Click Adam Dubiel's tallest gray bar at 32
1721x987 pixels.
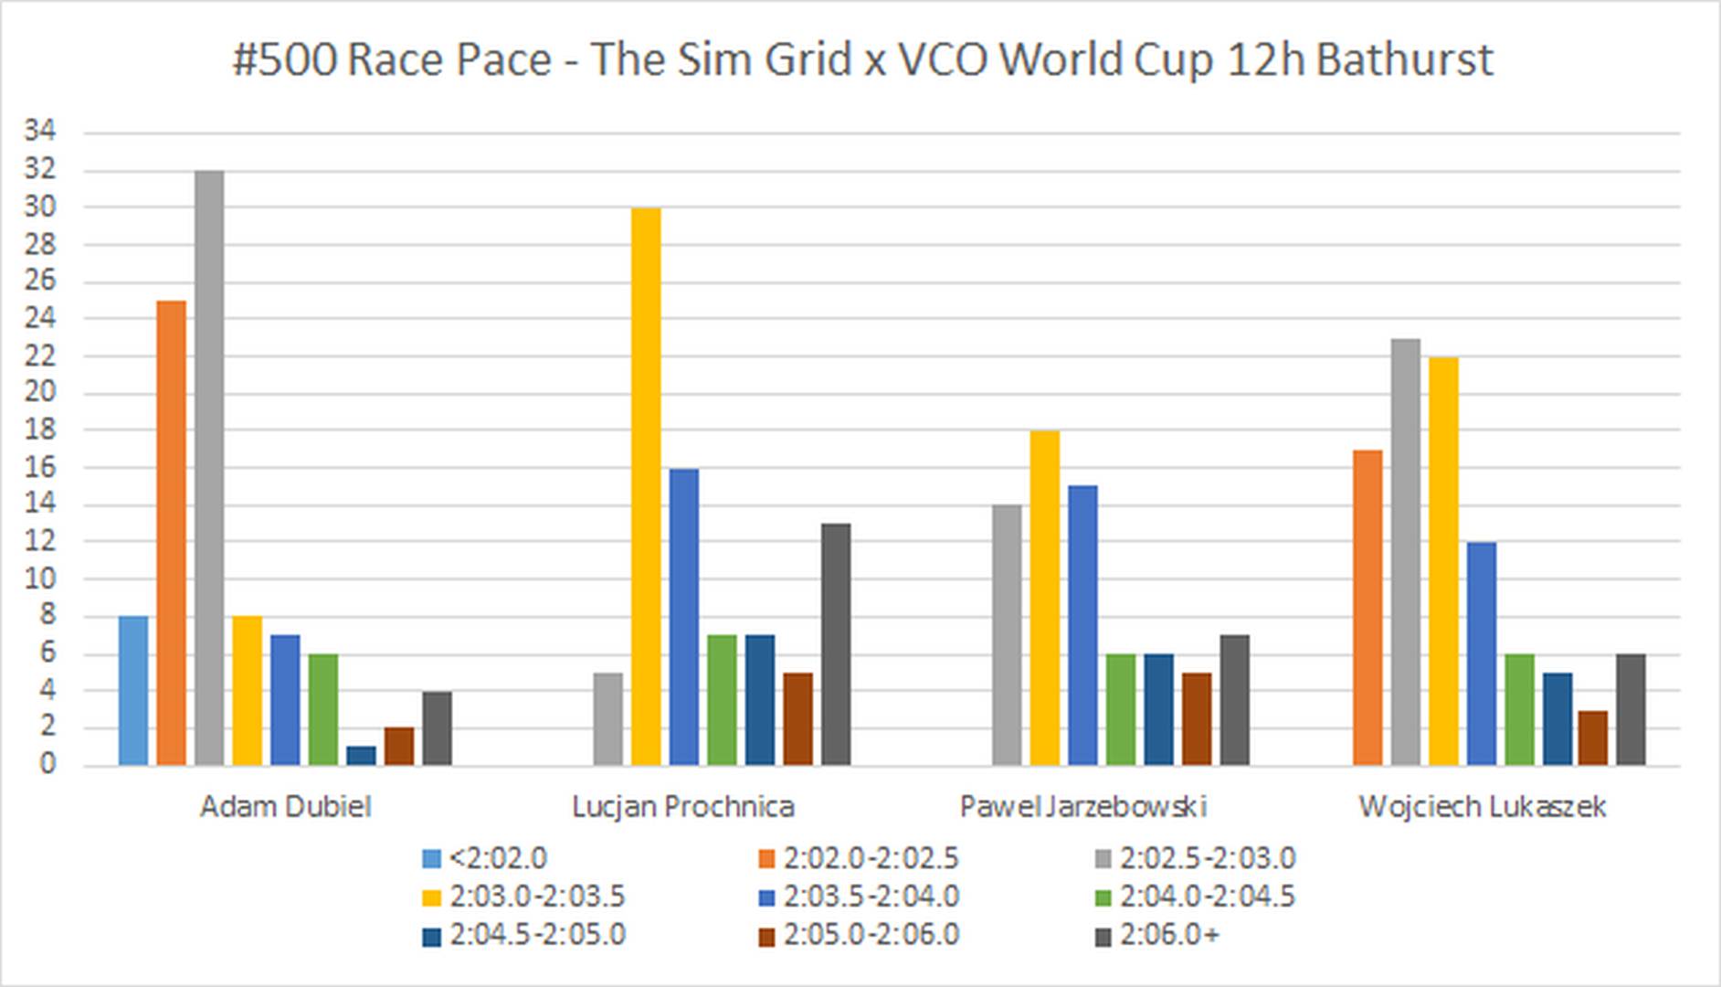(209, 468)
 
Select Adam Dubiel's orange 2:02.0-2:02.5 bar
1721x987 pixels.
(171, 533)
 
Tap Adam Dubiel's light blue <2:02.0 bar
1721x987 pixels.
(133, 691)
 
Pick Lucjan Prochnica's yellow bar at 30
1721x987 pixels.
(646, 486)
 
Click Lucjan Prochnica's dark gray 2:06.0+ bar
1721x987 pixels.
(836, 644)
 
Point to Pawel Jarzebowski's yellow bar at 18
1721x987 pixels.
(1045, 598)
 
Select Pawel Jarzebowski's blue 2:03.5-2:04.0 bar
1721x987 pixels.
(1082, 625)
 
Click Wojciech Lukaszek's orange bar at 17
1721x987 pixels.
(1367, 607)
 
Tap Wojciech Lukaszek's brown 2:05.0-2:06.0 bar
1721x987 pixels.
(1593, 738)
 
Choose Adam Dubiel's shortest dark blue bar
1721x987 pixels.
(361, 756)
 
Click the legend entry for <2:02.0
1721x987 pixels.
(485, 859)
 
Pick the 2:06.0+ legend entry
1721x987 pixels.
(1157, 935)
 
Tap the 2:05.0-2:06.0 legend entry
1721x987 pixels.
(859, 935)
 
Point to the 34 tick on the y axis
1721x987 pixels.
(40, 132)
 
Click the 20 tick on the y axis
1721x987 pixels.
(40, 393)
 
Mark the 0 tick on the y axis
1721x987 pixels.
(47, 764)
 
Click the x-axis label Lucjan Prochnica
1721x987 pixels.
(683, 807)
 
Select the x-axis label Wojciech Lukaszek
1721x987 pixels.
(1482, 807)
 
